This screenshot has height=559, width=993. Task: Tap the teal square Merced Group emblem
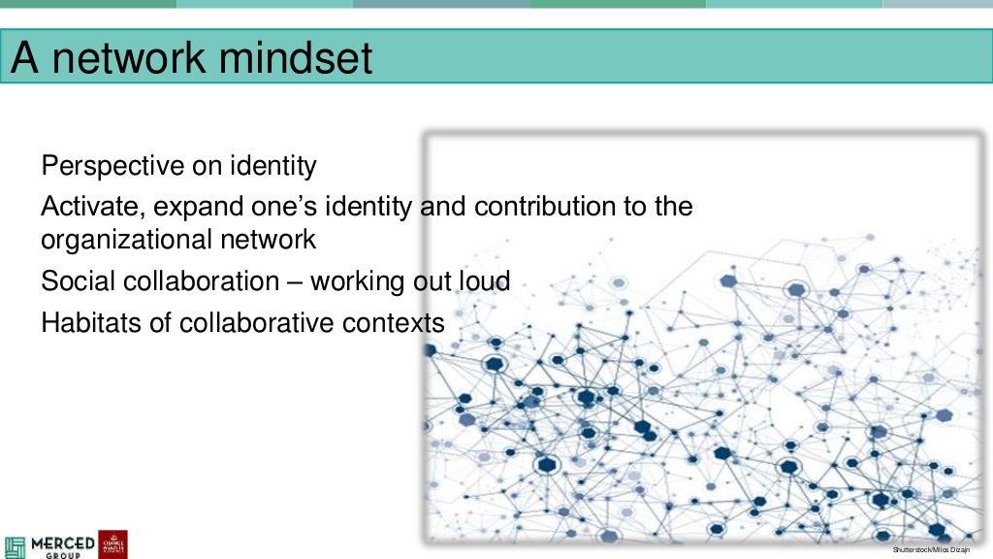point(16,544)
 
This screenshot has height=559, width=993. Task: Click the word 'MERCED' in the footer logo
point(63,542)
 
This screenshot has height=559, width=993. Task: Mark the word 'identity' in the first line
point(272,167)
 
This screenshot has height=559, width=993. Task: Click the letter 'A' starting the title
point(25,57)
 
